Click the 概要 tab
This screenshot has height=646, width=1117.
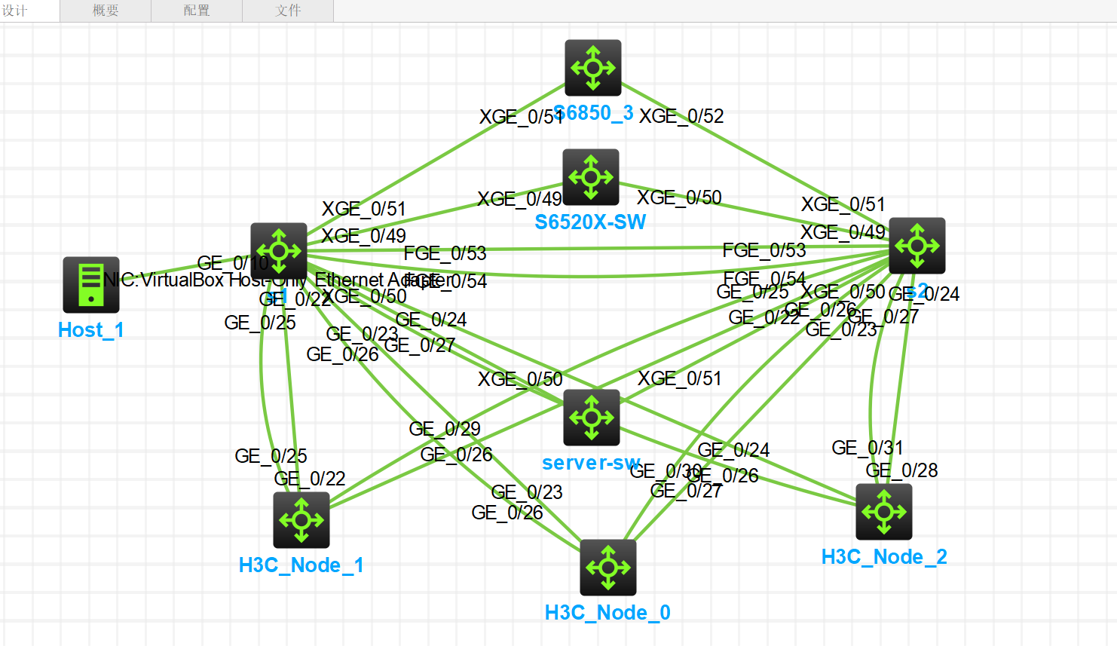pyautogui.click(x=106, y=11)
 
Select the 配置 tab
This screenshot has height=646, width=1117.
pyautogui.click(x=197, y=11)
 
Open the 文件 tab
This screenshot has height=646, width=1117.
pyautogui.click(x=288, y=11)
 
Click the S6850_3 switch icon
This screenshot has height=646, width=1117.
pyautogui.click(x=593, y=68)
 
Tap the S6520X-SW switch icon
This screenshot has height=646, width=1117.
pyautogui.click(x=591, y=177)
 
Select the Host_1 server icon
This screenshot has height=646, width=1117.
pyautogui.click(x=91, y=285)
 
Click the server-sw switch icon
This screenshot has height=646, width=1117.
pyautogui.click(x=592, y=418)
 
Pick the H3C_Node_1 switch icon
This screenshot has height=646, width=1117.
pyautogui.click(x=301, y=520)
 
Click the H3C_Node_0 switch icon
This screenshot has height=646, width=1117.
pyautogui.click(x=608, y=568)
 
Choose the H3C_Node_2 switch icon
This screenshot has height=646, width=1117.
pyautogui.click(x=884, y=512)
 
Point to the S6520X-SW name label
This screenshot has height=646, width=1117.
pyautogui.click(x=590, y=222)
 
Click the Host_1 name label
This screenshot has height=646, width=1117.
pyautogui.click(x=90, y=330)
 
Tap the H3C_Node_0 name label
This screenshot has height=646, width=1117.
pyautogui.click(x=607, y=613)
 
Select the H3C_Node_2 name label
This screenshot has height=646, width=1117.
pyautogui.click(x=884, y=557)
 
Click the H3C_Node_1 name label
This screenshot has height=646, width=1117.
pyautogui.click(x=301, y=565)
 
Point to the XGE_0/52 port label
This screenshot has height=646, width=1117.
pyautogui.click(x=681, y=116)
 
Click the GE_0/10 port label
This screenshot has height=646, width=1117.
pyautogui.click(x=232, y=263)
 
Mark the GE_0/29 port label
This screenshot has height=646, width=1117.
pyautogui.click(x=445, y=429)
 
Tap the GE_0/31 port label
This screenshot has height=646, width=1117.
pyautogui.click(x=868, y=448)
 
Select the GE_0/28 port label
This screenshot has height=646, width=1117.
pyautogui.click(x=902, y=470)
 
